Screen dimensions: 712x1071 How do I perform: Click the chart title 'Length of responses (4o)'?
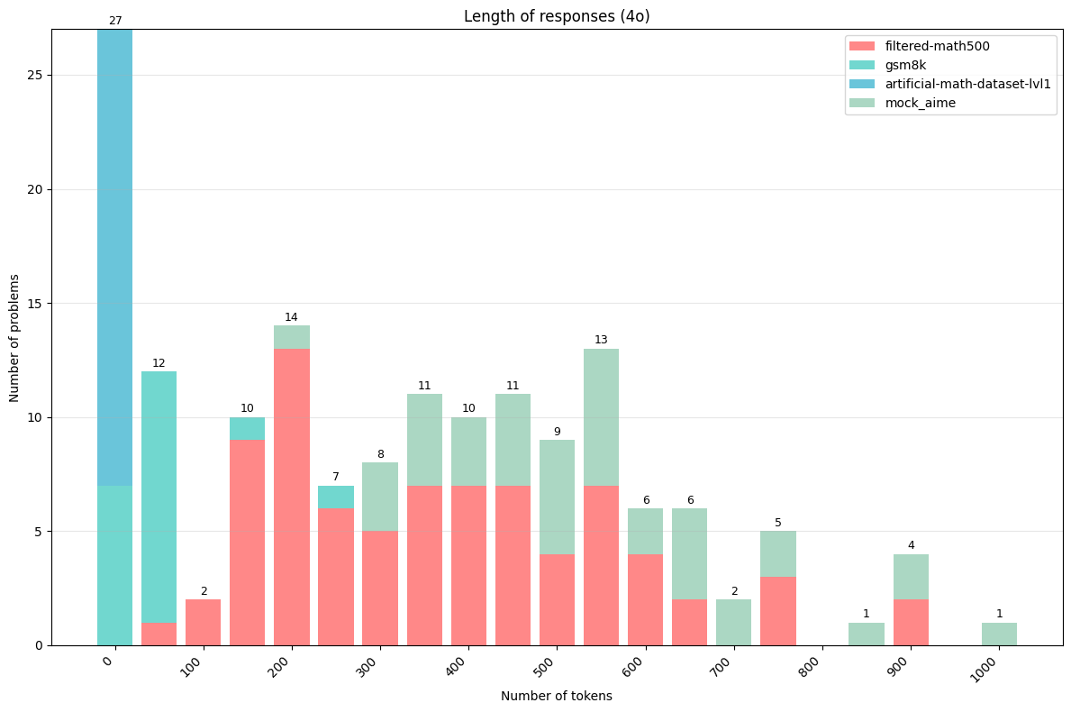(556, 16)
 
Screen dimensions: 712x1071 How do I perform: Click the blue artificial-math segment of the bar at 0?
(114, 257)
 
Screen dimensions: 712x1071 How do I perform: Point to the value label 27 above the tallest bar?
(114, 21)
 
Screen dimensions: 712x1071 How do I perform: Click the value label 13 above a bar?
(601, 340)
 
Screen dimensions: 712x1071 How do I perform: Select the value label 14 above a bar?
(291, 317)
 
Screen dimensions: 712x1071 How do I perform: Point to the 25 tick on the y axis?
(36, 76)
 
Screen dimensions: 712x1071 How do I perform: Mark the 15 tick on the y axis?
(36, 304)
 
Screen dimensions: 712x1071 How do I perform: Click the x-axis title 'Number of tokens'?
(556, 696)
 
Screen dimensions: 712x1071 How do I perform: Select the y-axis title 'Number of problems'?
(15, 337)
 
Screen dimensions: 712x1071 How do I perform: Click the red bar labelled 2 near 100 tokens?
(203, 623)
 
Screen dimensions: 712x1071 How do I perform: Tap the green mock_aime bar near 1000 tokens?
(999, 634)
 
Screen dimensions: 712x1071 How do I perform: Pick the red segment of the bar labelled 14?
(291, 497)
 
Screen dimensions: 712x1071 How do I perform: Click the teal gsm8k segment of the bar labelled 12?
(159, 497)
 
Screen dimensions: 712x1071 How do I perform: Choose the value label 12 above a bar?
(159, 363)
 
